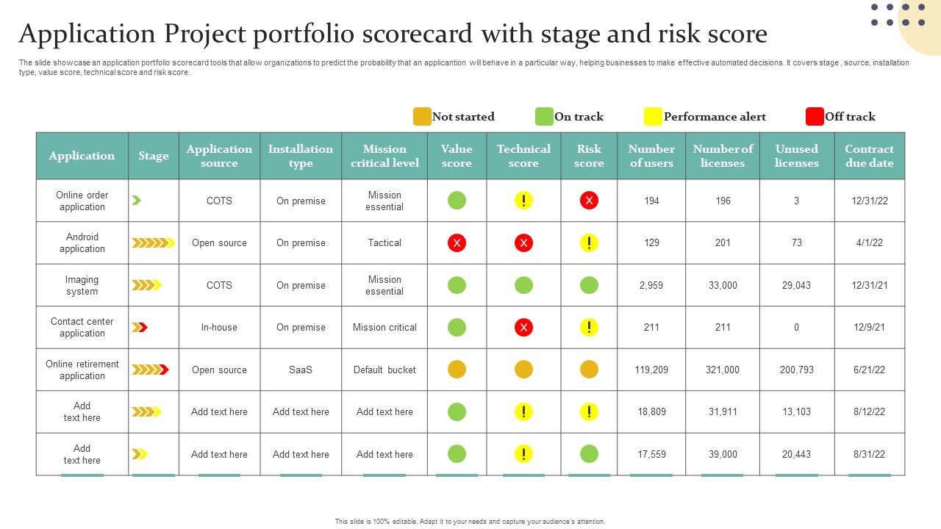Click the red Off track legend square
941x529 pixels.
point(815,117)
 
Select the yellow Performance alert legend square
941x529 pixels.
point(653,117)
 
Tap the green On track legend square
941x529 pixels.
point(544,117)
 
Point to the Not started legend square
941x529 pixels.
point(422,117)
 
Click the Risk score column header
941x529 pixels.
point(589,156)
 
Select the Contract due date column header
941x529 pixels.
point(869,156)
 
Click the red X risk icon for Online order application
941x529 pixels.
point(589,201)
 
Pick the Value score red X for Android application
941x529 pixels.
point(457,243)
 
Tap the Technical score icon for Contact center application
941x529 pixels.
point(523,328)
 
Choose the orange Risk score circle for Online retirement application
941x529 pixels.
point(589,370)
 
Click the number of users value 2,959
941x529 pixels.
point(651,285)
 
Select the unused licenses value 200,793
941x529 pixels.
point(796,370)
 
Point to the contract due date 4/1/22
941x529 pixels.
point(869,243)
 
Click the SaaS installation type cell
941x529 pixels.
point(300,370)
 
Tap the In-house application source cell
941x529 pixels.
point(219,328)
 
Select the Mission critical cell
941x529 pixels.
point(384,328)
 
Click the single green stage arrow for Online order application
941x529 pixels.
point(136,201)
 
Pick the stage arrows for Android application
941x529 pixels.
point(153,243)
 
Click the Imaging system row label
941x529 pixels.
point(82,285)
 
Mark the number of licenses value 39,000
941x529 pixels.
point(723,454)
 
